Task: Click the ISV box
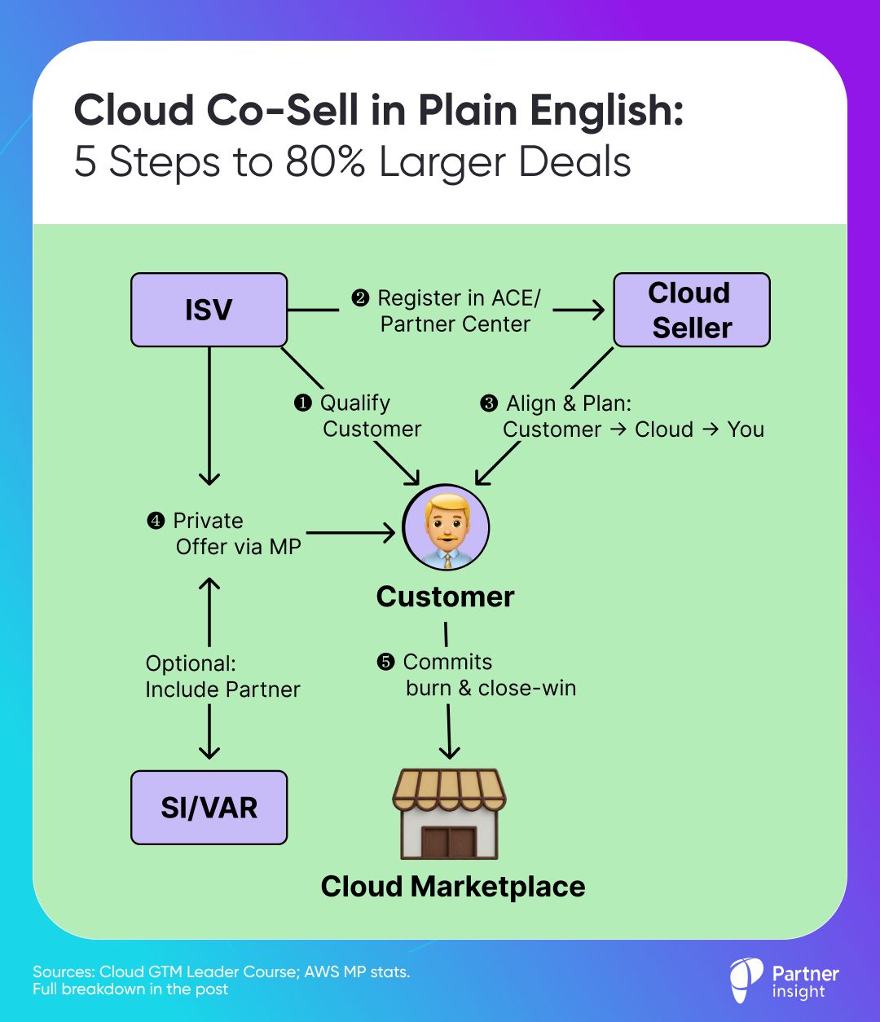click(x=209, y=310)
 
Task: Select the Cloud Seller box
click(x=691, y=310)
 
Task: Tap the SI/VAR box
click(x=209, y=808)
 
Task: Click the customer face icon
click(x=446, y=528)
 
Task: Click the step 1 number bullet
click(x=302, y=403)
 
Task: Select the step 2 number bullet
click(x=360, y=298)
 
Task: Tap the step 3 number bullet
click(x=489, y=403)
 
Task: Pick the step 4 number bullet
click(x=156, y=521)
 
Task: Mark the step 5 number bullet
click(x=385, y=662)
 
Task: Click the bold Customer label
click(x=445, y=597)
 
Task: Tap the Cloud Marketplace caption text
click(x=453, y=886)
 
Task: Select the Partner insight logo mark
click(x=746, y=980)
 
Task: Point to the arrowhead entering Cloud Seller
click(x=597, y=310)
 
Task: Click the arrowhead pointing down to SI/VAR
click(x=209, y=751)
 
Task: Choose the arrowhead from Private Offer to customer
click(x=388, y=533)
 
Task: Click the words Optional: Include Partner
click(x=222, y=676)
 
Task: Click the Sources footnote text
click(x=220, y=980)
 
